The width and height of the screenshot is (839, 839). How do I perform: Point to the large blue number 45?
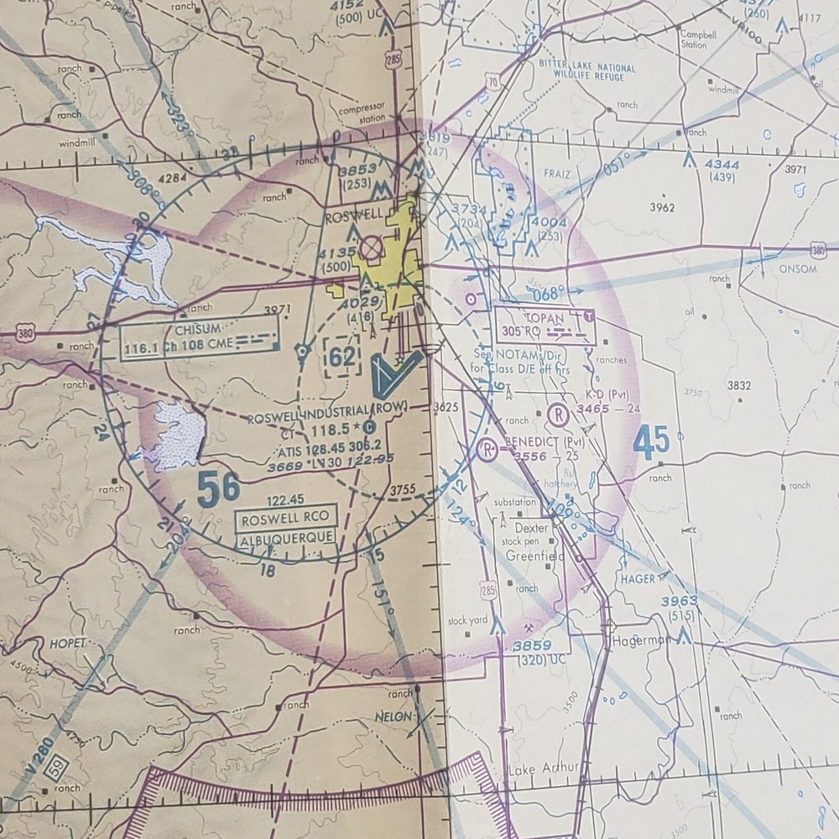[x=652, y=442]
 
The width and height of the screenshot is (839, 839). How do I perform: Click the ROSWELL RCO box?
[x=286, y=518]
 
